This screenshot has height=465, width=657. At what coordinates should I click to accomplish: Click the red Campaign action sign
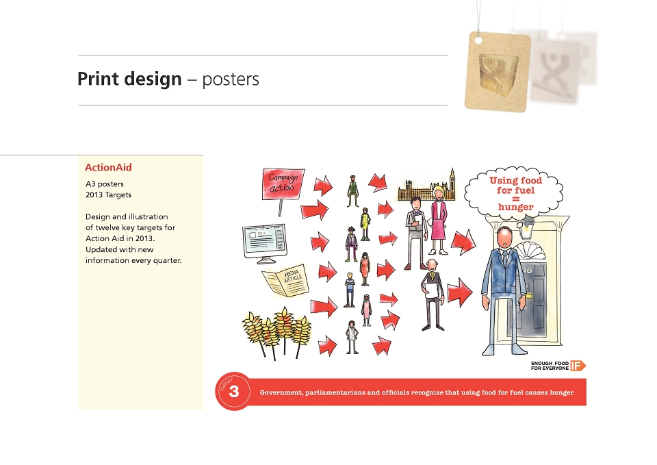point(283,184)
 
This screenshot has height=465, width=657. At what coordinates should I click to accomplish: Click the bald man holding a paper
point(433,294)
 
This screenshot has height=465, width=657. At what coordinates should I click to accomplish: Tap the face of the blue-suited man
point(505,238)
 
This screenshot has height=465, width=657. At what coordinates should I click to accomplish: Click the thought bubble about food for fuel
point(515,193)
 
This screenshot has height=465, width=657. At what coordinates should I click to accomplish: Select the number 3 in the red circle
point(234,391)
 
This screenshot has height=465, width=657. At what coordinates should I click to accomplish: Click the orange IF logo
point(578,366)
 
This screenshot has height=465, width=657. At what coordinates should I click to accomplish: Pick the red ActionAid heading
point(108,167)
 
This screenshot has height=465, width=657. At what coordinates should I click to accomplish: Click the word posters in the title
point(231,79)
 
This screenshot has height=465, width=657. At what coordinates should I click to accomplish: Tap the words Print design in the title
point(129,79)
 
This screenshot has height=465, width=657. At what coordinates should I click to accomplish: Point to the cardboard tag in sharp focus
point(498,72)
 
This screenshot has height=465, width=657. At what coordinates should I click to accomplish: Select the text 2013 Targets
point(109,195)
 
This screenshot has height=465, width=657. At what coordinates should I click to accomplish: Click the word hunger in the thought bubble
point(515,207)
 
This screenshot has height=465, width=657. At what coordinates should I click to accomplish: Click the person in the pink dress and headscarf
point(366,310)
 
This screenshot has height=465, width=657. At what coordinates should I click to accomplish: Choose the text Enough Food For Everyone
point(550,366)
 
